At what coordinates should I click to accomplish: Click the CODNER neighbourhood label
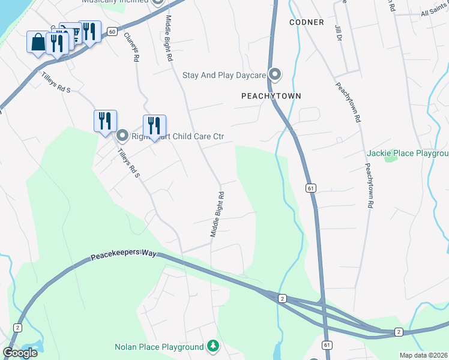point(306,22)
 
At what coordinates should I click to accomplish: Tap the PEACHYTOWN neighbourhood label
point(271,96)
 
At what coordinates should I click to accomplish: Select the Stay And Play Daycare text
point(223,75)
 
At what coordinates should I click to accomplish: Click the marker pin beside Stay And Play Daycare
point(275,74)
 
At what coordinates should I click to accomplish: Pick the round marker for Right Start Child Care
point(122,136)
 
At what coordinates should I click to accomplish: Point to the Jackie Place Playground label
point(408,154)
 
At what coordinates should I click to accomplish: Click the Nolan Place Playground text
point(159,347)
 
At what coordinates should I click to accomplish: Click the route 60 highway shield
point(112,31)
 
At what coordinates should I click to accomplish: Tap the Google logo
point(20,353)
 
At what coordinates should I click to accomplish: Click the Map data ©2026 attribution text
point(424,355)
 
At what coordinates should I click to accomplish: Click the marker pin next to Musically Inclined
point(158,2)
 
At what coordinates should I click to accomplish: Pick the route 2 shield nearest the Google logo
point(17,328)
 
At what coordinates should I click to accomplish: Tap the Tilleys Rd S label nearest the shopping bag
point(56,82)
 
